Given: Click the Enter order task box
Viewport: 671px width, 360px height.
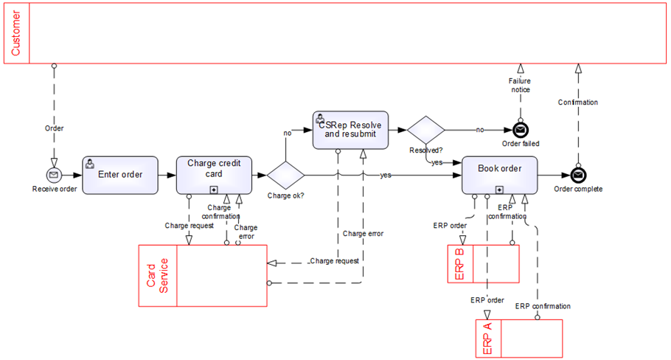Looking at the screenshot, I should click(120, 175).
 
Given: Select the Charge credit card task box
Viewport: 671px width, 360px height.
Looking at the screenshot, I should click(215, 175).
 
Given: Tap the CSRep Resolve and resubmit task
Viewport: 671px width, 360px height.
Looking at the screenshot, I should click(351, 130).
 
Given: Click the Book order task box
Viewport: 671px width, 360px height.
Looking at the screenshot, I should click(500, 175).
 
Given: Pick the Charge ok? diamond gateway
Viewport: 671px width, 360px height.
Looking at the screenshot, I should click(285, 175).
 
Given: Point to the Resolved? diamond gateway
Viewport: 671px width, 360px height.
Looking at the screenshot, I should click(426, 130).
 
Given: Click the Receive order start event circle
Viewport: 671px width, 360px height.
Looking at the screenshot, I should click(54, 175).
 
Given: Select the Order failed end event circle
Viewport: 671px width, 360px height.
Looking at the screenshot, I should click(520, 130).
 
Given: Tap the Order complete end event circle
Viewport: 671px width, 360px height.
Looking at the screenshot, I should click(578, 175).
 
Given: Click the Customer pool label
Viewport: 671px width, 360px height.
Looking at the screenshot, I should click(16, 33).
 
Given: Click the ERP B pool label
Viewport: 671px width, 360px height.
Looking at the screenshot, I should click(459, 264).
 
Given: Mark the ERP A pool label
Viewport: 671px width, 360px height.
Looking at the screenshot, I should click(487, 339).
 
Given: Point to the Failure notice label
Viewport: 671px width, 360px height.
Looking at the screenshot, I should click(520, 85).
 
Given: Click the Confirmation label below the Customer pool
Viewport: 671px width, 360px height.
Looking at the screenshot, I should click(578, 103).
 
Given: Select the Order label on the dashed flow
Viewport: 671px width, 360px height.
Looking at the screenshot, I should click(54, 128).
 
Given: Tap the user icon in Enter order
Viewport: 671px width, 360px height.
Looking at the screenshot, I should click(90, 164).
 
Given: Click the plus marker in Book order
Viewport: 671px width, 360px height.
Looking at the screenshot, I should click(500, 190).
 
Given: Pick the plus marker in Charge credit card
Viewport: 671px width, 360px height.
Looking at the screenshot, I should click(215, 190).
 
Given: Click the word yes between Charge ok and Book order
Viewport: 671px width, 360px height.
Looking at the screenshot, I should click(386, 176).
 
